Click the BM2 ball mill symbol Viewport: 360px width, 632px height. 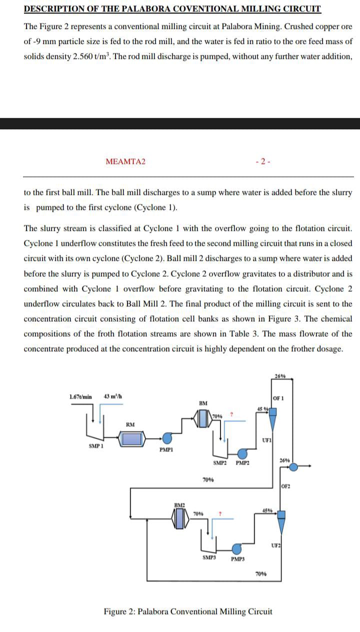click(x=179, y=520)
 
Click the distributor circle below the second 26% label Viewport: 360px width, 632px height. click(x=293, y=467)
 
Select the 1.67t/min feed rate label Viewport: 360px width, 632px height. click(x=80, y=396)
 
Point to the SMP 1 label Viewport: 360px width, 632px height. click(x=96, y=445)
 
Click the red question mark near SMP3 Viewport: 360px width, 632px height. click(x=219, y=513)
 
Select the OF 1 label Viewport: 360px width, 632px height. click(x=278, y=398)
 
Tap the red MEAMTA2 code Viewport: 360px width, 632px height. click(x=125, y=161)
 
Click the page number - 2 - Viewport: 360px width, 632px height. click(x=263, y=161)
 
